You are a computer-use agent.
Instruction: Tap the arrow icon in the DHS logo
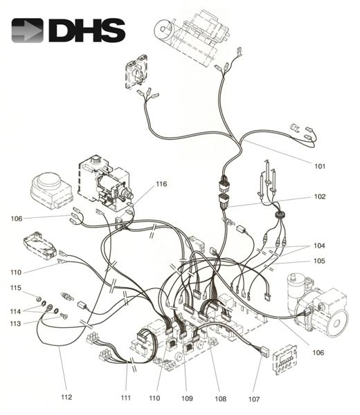pos(27,31)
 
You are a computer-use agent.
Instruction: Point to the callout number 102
pos(319,196)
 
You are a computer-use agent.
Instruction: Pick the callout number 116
pos(161,184)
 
